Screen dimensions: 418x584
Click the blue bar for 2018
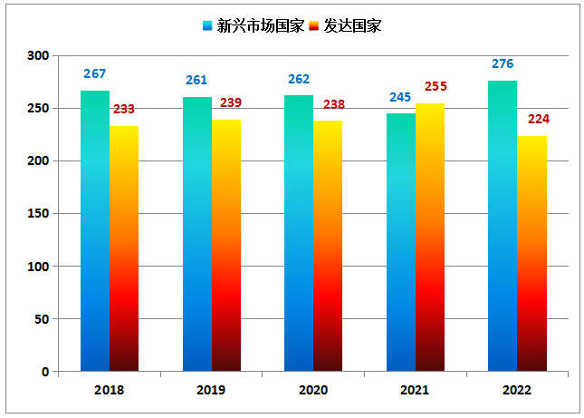(95, 231)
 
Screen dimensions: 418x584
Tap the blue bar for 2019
(196, 234)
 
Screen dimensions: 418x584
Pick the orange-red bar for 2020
(328, 246)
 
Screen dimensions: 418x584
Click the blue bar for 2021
(401, 242)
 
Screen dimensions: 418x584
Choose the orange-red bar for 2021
(430, 238)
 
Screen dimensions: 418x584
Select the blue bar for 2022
(503, 226)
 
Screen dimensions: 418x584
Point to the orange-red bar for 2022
(531, 253)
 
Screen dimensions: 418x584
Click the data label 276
(503, 64)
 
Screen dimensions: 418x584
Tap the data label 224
(539, 119)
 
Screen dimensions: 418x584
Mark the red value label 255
(436, 87)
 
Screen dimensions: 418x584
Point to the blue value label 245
(400, 97)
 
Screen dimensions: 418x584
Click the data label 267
(95, 74)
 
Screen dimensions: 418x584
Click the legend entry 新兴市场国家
(253, 26)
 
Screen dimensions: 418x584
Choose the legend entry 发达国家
(345, 26)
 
